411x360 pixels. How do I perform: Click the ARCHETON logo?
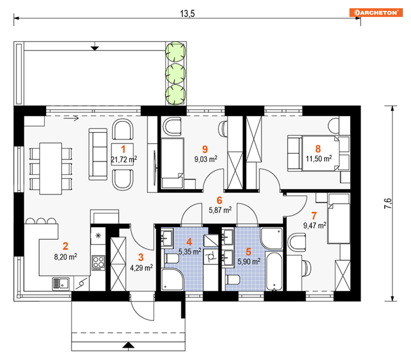point(376,12)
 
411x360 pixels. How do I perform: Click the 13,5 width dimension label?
point(188,14)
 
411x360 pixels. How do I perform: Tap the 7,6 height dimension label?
point(388,203)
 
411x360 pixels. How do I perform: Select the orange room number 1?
point(123,149)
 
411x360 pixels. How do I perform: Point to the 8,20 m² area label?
point(66,257)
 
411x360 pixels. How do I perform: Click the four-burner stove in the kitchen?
point(99,263)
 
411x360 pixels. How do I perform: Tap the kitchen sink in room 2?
point(61,284)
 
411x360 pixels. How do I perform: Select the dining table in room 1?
point(50,169)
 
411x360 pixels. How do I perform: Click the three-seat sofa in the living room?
point(98,154)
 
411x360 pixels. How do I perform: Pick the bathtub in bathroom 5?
point(274,272)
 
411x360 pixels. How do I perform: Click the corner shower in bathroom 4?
point(173,279)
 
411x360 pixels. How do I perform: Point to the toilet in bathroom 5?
point(233,279)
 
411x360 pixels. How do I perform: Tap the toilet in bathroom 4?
point(171,258)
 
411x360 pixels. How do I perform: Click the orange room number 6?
point(220,200)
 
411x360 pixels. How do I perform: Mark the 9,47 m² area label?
point(315,226)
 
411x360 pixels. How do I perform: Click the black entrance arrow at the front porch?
point(128,345)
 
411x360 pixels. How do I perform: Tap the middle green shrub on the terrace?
point(176,73)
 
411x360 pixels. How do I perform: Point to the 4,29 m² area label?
point(142,268)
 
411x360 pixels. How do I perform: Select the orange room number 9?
point(205,150)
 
